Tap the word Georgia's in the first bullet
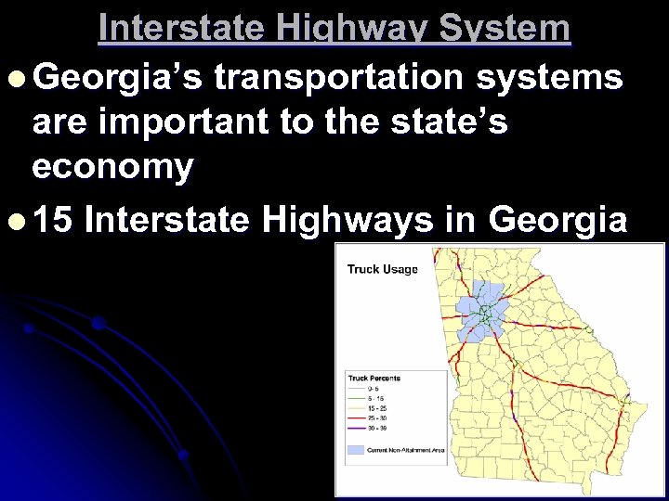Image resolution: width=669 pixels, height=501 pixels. tap(123, 79)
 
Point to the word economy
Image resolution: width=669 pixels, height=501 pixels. tap(112, 168)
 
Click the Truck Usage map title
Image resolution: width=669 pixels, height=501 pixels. tap(382, 269)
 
